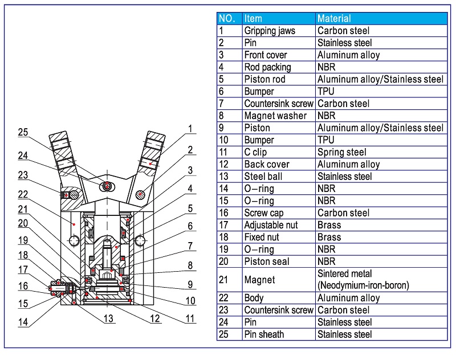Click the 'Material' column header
click(334, 19)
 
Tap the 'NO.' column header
click(227, 19)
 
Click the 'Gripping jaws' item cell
click(270, 31)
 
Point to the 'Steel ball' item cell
click(263, 177)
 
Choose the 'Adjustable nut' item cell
click(271, 225)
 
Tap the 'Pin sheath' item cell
click(264, 334)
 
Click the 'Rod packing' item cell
click(267, 67)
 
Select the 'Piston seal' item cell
click(267, 261)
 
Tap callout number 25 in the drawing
click(22, 133)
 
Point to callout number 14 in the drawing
click(22, 322)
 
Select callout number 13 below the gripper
click(108, 318)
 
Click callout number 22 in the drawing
click(22, 195)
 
